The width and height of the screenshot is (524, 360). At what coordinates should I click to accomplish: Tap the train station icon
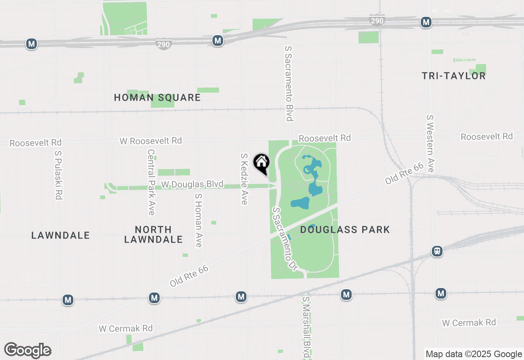pos(437,251)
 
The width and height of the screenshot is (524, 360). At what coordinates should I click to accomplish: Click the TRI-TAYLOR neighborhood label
pos(454,76)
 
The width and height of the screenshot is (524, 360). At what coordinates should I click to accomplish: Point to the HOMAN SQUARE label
pos(157,97)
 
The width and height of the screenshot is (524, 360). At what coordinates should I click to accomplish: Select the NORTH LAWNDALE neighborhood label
pos(154,234)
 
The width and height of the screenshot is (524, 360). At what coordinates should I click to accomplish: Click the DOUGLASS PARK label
pos(345,229)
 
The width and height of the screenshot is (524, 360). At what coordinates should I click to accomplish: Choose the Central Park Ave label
pos(151,182)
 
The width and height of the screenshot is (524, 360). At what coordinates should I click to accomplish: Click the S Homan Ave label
pos(199,220)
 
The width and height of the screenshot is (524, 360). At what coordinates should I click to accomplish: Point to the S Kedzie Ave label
pos(244,179)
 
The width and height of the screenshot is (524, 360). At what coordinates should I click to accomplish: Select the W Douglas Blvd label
pos(192,184)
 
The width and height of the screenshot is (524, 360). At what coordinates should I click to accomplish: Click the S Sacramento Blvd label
pos(289,83)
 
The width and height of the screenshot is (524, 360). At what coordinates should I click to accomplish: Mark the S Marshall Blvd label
pos(306,327)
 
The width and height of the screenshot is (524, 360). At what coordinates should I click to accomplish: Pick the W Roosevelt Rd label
pos(151,141)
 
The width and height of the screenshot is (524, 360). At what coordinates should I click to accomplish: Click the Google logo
pos(28,350)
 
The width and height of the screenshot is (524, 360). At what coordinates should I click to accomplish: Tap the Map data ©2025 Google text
pos(474,354)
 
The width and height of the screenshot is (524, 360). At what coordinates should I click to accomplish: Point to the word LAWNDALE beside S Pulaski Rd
pos(61,235)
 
